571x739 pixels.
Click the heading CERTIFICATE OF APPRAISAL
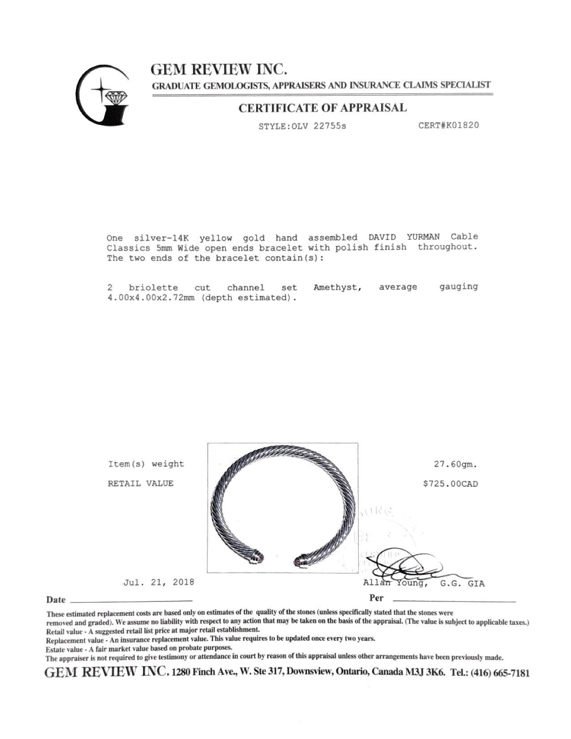click(x=322, y=108)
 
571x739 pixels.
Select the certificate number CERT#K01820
click(x=448, y=125)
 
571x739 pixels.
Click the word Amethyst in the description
click(x=337, y=287)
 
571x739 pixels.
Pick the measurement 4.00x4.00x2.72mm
click(x=151, y=298)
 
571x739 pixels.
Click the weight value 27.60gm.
click(x=455, y=464)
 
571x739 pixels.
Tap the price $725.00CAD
click(x=450, y=484)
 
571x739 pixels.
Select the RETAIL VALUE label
click(x=141, y=484)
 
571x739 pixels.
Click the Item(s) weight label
click(x=146, y=464)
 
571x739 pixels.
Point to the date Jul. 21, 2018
click(x=159, y=582)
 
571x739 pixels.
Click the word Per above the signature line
click(x=376, y=598)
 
